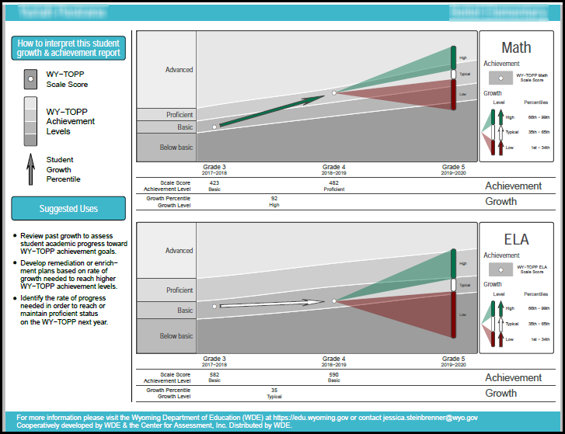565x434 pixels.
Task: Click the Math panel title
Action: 516,47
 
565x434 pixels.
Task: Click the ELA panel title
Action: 516,239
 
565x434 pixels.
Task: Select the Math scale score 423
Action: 214,183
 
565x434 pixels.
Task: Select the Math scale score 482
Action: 333,183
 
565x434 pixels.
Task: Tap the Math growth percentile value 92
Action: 274,199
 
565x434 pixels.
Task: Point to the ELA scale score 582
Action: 214,375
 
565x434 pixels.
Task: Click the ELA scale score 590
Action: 333,375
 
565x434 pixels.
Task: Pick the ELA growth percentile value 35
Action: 274,391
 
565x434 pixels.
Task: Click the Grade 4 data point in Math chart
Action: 334,93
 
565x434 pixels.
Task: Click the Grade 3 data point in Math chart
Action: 214,127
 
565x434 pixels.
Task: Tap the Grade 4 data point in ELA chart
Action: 334,300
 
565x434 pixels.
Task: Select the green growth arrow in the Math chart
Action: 272,110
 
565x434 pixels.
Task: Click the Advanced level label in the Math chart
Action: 179,70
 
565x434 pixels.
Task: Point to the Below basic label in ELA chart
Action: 176,336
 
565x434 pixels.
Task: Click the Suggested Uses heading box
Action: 68,209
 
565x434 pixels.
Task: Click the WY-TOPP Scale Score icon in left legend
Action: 30,79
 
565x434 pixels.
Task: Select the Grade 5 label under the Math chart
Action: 453,167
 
